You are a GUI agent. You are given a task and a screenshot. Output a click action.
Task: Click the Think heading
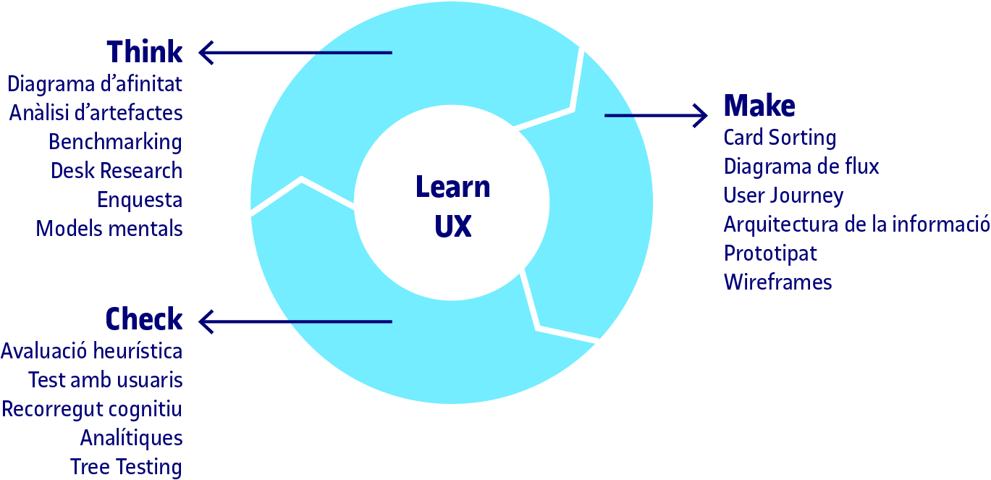pos(145,53)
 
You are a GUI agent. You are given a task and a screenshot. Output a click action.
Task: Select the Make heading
pos(759,106)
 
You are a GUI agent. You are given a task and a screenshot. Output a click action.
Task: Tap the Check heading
pos(144,320)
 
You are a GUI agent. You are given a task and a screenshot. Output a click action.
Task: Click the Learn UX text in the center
pos(453,207)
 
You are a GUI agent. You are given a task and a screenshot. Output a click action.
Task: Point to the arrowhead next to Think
pos(206,53)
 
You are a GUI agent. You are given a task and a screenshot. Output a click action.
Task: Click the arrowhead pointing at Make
pos(699,115)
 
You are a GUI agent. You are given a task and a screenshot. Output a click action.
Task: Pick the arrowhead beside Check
pos(206,321)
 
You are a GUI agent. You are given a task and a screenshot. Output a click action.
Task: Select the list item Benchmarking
pos(116,142)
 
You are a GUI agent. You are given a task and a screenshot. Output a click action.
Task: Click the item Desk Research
pos(117,171)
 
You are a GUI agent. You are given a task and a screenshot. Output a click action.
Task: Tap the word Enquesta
pos(140,200)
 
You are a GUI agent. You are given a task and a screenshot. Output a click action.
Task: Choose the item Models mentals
pos(109,229)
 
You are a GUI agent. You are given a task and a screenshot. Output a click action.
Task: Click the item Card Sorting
pos(780,138)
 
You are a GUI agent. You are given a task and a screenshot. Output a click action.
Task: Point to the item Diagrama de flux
pos(801,167)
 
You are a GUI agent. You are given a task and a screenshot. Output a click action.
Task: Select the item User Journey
pos(783,195)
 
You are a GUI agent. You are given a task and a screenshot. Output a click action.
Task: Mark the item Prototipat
pos(770,253)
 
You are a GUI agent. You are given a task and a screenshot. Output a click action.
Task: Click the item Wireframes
pos(777,282)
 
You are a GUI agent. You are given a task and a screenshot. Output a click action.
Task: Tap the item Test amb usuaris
pos(106,380)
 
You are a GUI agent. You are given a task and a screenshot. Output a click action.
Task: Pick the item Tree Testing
pos(126,467)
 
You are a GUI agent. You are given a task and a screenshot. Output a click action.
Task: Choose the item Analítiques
pos(132,438)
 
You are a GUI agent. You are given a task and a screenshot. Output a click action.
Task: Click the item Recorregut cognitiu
pos(92,409)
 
